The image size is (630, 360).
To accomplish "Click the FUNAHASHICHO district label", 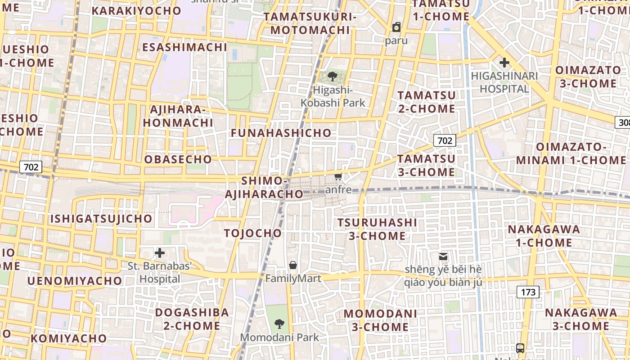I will pos(281,133).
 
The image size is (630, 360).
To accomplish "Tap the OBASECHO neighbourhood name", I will pos(178,159).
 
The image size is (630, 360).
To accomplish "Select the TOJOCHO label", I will pos(253,233).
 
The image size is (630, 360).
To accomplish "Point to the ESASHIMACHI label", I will pos(184,47).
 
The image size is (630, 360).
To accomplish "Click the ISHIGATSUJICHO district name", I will pos(101,219).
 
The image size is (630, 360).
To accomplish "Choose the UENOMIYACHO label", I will pos(75,281).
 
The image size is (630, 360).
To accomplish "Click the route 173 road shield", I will pos(528,292).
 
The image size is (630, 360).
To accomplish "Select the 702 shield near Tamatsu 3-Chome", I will pos(445,140).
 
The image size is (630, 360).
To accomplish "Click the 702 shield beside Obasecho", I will pos(31,167).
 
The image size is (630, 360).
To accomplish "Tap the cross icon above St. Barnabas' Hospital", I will pos(159,253).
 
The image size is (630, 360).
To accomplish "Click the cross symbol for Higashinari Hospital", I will pos(504,63).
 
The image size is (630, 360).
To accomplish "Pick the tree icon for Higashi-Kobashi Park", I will pos(333,76).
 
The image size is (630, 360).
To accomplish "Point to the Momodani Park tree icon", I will pos(279,323).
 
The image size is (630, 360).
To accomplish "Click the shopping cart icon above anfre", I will pos(338,176).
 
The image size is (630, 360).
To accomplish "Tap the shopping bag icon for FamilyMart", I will pos(293,265).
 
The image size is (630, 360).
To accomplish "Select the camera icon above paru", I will pos(396,27).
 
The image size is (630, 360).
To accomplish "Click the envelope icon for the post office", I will pos(443,256).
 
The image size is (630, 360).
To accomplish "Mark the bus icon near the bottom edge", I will pos(520,348).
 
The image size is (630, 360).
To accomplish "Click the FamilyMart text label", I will pos(293,279).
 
